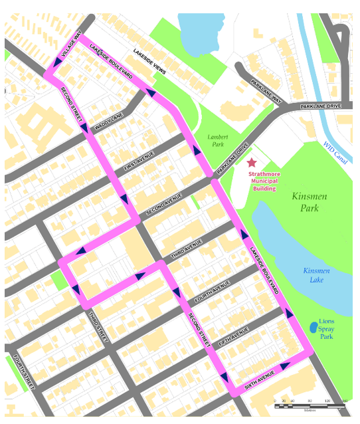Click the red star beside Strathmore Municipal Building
pyautogui.click(x=251, y=162)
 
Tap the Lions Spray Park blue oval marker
pyautogui.click(x=313, y=328)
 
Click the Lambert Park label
pyautogui.click(x=217, y=140)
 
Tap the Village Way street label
pyautogui.click(x=71, y=47)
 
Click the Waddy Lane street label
pyautogui.click(x=109, y=122)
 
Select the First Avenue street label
pyautogui.click(x=139, y=161)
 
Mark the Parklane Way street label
pyautogui.click(x=266, y=91)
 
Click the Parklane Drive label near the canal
pyautogui.click(x=320, y=106)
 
